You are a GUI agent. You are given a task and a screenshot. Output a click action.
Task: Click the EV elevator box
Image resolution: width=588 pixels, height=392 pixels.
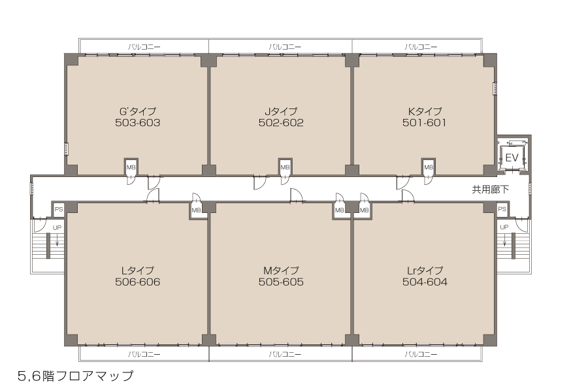pos(512,157)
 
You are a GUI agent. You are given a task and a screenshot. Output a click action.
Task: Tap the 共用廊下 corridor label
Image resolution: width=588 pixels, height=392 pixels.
pos(491,189)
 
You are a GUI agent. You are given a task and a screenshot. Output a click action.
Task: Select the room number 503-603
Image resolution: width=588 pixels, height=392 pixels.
pos(138,123)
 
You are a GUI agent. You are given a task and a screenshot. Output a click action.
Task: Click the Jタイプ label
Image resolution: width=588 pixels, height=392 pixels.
pos(281,112)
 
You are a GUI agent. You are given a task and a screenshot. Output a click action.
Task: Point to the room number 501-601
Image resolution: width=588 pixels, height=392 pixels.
pos(425,123)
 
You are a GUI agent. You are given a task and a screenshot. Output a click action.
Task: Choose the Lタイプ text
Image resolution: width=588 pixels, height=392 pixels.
pos(138,270)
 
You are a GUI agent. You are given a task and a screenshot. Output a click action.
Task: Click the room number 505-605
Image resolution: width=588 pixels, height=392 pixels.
pos(281,282)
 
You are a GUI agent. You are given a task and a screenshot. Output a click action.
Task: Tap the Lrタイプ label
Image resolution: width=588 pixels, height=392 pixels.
pos(425,270)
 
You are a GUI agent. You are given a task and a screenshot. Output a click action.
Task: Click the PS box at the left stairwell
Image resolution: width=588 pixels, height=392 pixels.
pos(59,209)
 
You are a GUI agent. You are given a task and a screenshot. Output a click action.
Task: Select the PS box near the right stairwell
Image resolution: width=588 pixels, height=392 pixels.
pos(502,209)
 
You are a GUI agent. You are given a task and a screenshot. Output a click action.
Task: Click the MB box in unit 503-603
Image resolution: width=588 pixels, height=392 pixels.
pos(131,167)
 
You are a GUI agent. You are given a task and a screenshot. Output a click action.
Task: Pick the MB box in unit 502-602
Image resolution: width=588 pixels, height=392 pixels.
pos(285,167)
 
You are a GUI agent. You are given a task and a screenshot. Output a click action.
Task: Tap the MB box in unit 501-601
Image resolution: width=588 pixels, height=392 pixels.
pos(428,167)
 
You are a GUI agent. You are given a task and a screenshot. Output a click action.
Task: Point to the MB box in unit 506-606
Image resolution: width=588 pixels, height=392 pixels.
pos(196,210)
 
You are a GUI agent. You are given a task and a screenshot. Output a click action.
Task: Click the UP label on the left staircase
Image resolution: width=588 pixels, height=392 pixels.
pos(57,228)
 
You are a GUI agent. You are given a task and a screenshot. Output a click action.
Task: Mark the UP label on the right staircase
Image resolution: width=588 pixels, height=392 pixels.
pos(504,227)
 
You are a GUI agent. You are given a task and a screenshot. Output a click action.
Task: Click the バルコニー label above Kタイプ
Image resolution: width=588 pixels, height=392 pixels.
pos(421,47)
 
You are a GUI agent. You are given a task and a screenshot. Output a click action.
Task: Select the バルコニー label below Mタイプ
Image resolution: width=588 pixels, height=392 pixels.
pos(285,354)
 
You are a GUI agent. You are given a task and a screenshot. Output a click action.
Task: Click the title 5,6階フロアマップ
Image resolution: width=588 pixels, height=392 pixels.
pos(75,376)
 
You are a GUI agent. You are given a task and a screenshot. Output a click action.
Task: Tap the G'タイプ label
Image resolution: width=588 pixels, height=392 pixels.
pos(138,112)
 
